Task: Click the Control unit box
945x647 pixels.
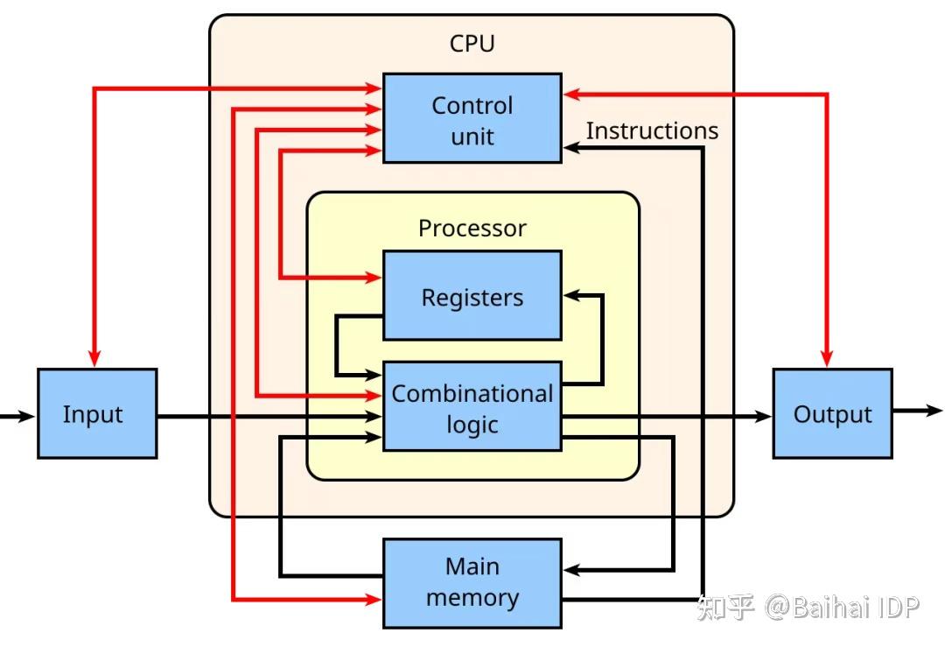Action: click(472, 118)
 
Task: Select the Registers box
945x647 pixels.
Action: click(472, 296)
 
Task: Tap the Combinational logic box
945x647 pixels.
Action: click(472, 407)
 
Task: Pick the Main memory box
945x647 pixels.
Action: click(472, 583)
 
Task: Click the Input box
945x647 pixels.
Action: click(96, 413)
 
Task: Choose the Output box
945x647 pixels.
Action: click(832, 413)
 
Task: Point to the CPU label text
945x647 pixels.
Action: click(472, 44)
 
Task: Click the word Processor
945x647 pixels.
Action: click(472, 229)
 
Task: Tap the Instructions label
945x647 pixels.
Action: click(651, 131)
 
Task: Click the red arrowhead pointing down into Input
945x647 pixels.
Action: click(94, 359)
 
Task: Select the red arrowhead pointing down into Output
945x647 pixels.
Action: click(827, 359)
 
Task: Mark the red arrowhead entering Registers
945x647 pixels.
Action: click(374, 278)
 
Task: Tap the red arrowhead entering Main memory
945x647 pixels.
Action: click(374, 601)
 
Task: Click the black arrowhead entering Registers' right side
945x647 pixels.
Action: click(571, 296)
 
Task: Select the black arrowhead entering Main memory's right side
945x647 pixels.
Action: click(571, 570)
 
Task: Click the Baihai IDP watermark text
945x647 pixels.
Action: click(842, 607)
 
